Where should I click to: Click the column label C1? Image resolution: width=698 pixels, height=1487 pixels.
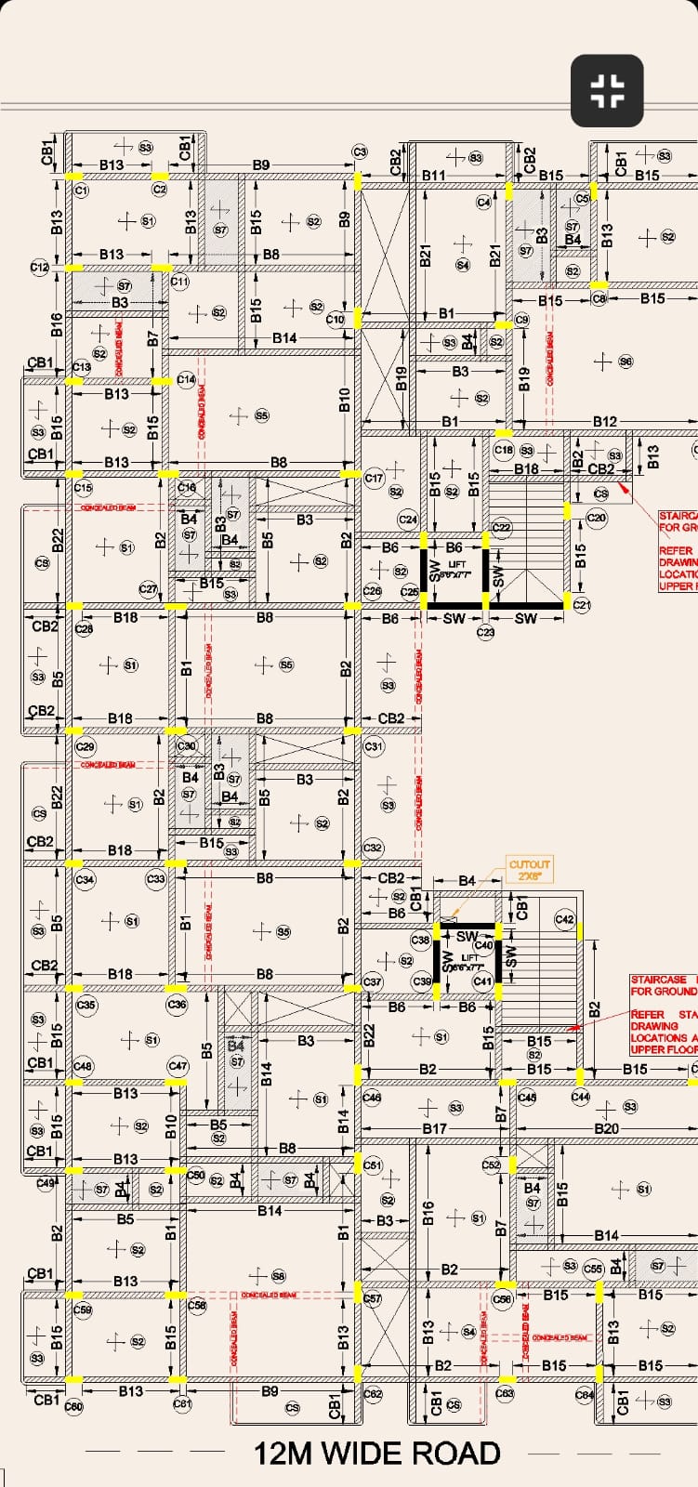(81, 190)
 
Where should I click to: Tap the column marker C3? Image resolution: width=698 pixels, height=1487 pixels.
(360, 152)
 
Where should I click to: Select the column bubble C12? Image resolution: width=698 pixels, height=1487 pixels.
(39, 267)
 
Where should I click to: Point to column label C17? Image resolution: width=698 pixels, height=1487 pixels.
(374, 479)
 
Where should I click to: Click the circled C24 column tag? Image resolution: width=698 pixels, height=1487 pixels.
(407, 519)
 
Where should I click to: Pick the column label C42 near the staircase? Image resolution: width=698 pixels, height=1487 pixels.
(564, 919)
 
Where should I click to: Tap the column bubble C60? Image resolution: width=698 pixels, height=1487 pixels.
(73, 1407)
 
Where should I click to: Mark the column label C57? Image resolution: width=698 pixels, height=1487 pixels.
(372, 1298)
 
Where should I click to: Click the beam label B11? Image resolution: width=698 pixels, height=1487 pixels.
(434, 175)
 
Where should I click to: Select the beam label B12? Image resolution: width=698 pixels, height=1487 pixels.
(605, 422)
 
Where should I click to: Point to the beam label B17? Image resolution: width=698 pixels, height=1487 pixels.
(435, 1129)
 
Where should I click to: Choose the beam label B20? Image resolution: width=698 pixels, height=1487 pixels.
(606, 1129)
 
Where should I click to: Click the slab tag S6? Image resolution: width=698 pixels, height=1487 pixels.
(626, 362)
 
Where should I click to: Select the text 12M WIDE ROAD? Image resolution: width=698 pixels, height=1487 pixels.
(376, 1454)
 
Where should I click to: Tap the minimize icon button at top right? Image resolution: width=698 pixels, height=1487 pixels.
(607, 90)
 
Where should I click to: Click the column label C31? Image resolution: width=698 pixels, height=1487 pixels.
(374, 746)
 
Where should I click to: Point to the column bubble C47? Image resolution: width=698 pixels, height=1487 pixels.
(178, 1066)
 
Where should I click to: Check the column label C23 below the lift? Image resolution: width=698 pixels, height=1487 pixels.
(486, 632)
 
